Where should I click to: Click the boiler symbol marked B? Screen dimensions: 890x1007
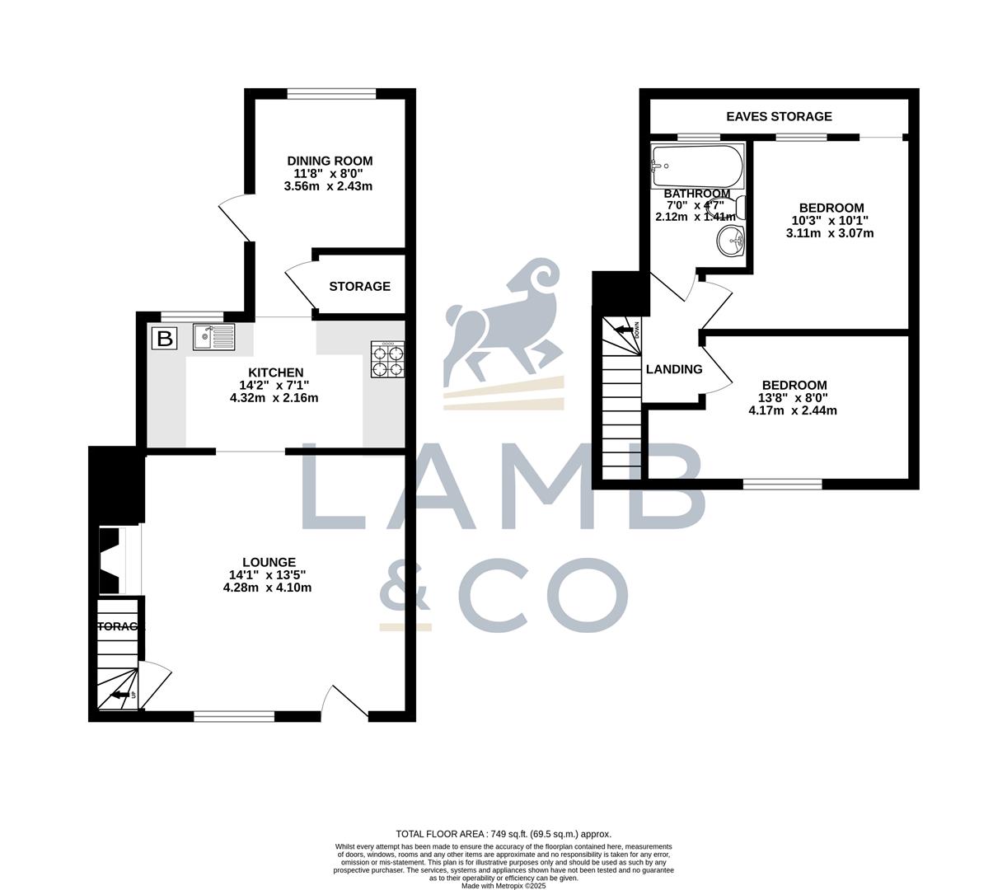click(x=165, y=338)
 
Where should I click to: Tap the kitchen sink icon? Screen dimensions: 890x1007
click(x=213, y=337)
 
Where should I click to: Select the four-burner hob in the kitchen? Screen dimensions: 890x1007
click(x=388, y=359)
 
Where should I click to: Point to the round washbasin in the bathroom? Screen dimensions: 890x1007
click(x=731, y=241)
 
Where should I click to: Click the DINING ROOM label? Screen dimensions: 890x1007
click(x=330, y=161)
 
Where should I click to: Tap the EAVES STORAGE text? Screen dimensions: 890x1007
click(x=779, y=117)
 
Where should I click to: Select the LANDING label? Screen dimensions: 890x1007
click(x=674, y=369)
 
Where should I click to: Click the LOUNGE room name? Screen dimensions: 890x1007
click(x=269, y=562)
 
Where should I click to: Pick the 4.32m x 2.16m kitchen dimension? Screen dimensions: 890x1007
click(x=274, y=398)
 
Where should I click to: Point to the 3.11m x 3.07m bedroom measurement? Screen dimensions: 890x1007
click(x=830, y=233)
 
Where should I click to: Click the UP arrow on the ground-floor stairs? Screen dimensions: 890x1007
click(x=122, y=696)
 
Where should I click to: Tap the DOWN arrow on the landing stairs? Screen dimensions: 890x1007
click(x=625, y=330)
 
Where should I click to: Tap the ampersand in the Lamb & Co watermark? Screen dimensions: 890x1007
click(x=405, y=593)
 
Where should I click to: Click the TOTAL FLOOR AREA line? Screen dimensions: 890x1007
click(x=503, y=834)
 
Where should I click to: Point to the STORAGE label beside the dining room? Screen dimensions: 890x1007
click(x=359, y=287)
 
